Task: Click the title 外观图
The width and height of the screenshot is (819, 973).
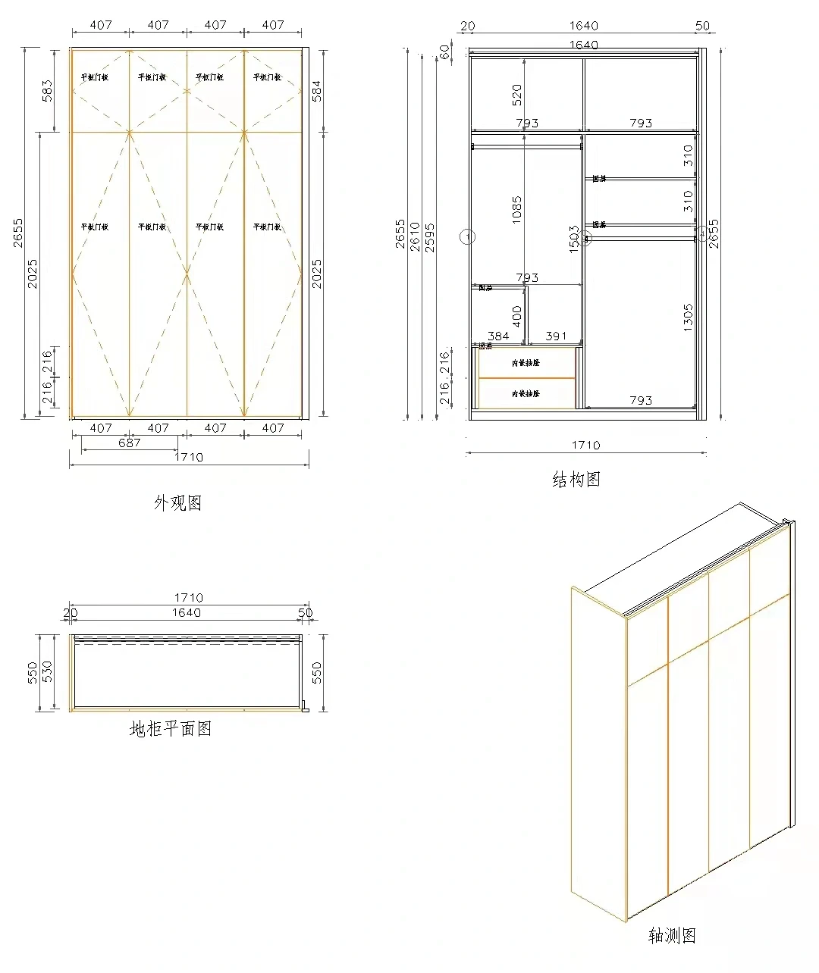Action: coord(178,502)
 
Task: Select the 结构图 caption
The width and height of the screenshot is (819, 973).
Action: coord(576,479)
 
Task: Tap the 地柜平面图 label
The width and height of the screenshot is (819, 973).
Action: coord(171,729)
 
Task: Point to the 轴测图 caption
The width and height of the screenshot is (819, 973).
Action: coord(672,936)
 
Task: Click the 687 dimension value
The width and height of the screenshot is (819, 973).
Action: coord(130,443)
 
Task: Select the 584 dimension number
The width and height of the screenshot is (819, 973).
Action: coord(317,91)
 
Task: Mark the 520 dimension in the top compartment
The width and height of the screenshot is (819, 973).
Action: coord(517,95)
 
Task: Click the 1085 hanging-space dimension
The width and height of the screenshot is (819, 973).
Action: coord(517,210)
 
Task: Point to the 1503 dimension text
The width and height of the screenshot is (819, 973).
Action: coord(574,237)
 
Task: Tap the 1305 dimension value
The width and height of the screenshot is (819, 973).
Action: coord(688,317)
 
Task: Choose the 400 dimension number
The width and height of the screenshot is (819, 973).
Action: coord(517,315)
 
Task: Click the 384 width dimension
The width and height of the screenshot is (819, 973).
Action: coord(498,336)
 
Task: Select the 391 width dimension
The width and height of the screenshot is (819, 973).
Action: coord(556,336)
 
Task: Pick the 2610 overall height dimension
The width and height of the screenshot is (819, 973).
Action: coord(415,236)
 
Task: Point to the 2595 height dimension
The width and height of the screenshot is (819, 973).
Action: coord(429,237)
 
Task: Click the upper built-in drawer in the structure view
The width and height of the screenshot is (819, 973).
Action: coord(526,363)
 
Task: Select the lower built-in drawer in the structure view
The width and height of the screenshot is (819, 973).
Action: coord(526,394)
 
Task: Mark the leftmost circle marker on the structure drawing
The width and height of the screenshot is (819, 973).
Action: coord(468,236)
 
